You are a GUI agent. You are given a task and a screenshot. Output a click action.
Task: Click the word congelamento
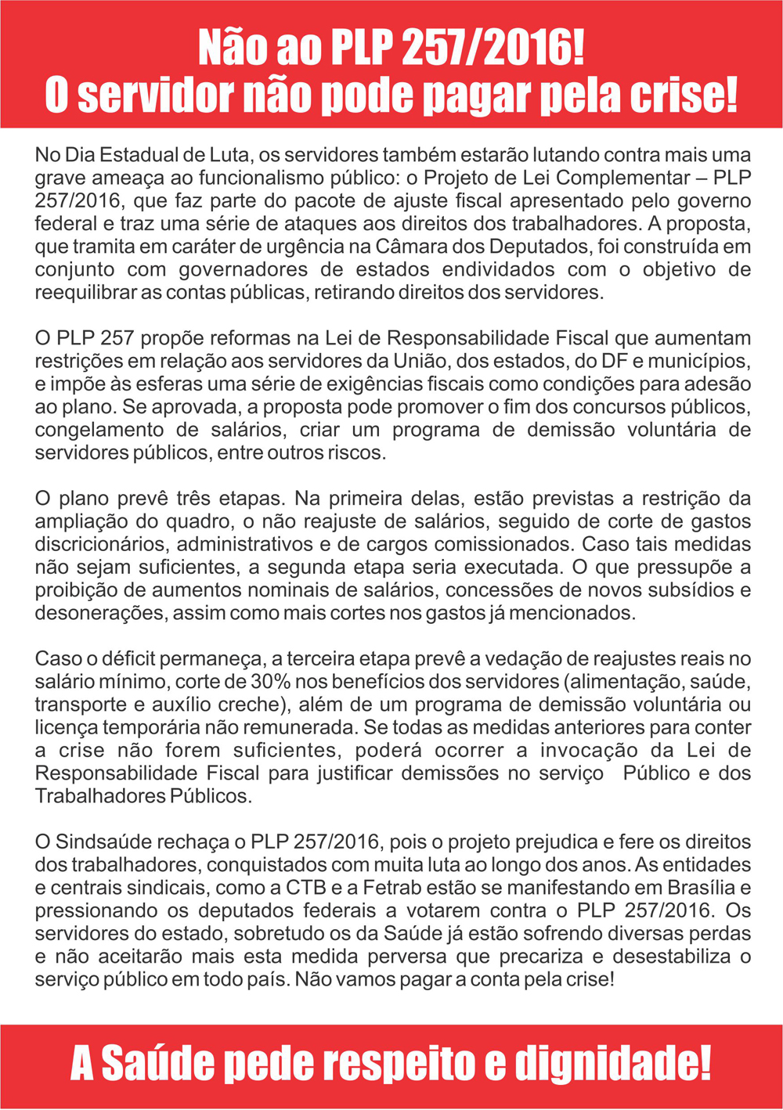tap(98, 430)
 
